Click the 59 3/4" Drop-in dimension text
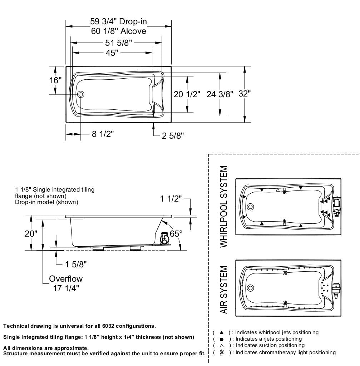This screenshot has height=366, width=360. click(118, 22)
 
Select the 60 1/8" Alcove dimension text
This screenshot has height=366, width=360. click(118, 31)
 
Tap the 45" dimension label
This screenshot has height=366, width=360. click(112, 53)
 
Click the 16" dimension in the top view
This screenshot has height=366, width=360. click(55, 80)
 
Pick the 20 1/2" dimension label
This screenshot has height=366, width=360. click(187, 94)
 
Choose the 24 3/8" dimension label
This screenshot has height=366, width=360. click(220, 94)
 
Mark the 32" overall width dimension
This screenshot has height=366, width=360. click(245, 94)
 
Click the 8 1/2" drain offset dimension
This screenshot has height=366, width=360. click(103, 134)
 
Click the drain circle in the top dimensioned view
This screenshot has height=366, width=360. click(80, 94)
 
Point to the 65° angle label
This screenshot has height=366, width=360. click(176, 233)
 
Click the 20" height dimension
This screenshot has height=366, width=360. click(31, 234)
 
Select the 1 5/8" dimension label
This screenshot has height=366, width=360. click(76, 264)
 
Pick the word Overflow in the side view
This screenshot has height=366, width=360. click(66, 279)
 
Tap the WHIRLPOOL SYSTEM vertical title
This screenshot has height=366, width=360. click(224, 206)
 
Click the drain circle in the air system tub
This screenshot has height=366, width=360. click(250, 288)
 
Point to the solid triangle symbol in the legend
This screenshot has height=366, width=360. click(221, 332)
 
